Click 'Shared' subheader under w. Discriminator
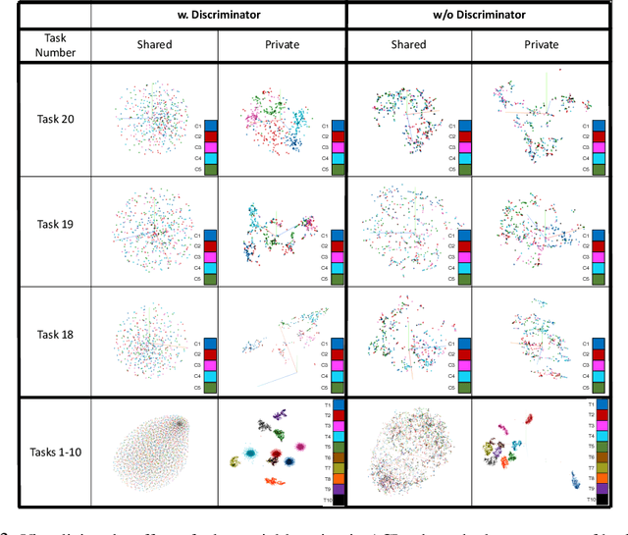[154, 44]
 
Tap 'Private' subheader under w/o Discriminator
[541, 44]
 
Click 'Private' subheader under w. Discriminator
[282, 44]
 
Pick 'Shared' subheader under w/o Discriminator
[408, 44]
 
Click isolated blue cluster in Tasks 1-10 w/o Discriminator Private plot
[572, 481]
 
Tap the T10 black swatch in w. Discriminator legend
[339, 500]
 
